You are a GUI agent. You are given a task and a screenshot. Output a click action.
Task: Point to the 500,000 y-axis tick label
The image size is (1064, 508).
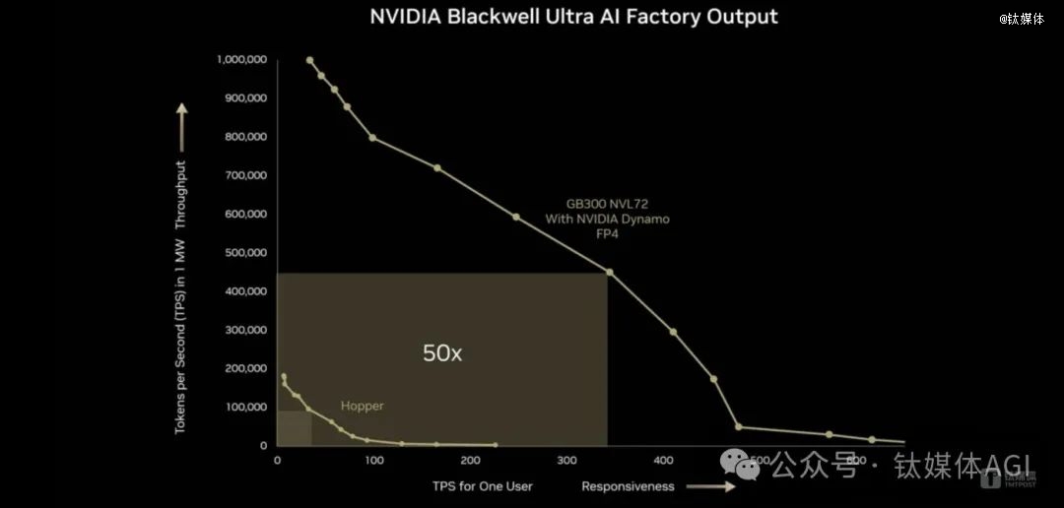[244, 253]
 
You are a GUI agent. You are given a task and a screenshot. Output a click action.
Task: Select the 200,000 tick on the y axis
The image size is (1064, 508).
[244, 368]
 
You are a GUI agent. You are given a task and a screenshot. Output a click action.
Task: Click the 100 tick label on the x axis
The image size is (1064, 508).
[373, 461]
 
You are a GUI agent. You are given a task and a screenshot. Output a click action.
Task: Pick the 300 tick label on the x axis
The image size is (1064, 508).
[566, 461]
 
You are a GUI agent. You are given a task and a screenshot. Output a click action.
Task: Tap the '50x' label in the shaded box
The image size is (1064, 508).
[442, 353]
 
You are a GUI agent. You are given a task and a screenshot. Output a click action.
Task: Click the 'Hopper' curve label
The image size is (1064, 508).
[362, 406]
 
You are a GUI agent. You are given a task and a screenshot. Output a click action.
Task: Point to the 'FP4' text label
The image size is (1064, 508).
[607, 234]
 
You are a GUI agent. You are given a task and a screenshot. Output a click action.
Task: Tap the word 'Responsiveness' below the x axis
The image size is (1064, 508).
[628, 486]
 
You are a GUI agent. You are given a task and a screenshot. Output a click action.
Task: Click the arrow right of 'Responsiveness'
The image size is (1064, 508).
[710, 486]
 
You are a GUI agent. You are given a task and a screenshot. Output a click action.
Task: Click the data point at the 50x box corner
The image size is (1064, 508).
[609, 273]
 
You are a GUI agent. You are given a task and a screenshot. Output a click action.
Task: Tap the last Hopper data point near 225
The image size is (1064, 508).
[495, 445]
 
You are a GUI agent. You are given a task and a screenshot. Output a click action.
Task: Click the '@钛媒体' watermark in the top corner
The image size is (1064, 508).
[1022, 19]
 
